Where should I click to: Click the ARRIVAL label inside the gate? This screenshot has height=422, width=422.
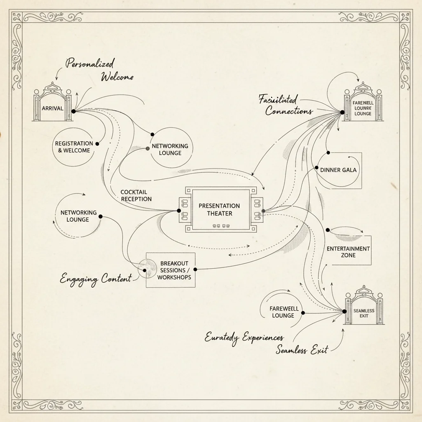click(53, 108)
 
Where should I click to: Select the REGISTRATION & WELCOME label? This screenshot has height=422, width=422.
click(74, 147)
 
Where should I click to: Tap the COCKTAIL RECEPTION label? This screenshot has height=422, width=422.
click(136, 196)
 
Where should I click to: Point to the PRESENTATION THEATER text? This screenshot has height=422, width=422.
click(219, 209)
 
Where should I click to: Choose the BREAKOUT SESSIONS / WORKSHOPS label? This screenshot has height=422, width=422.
click(174, 270)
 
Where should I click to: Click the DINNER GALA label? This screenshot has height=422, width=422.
click(338, 170)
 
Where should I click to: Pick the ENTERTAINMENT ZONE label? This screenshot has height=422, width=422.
click(348, 252)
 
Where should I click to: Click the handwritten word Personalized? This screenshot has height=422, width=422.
click(90, 64)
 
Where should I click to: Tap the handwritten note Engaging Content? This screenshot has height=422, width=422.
click(96, 279)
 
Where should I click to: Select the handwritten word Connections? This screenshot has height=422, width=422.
click(289, 111)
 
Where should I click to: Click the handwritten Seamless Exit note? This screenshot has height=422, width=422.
click(302, 350)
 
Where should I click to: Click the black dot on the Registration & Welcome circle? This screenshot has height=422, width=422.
click(97, 144)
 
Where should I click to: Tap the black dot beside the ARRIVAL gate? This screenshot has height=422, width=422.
click(73, 111)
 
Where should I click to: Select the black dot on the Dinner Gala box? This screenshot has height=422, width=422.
click(316, 168)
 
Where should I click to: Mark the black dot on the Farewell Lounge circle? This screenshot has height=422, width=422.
click(303, 313)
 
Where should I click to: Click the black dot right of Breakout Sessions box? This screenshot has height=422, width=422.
click(195, 269)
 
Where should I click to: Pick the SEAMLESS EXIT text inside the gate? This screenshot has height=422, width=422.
click(364, 313)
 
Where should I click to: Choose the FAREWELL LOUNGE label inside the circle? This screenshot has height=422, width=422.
click(282, 312)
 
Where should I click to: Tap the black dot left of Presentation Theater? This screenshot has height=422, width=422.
click(179, 211)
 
